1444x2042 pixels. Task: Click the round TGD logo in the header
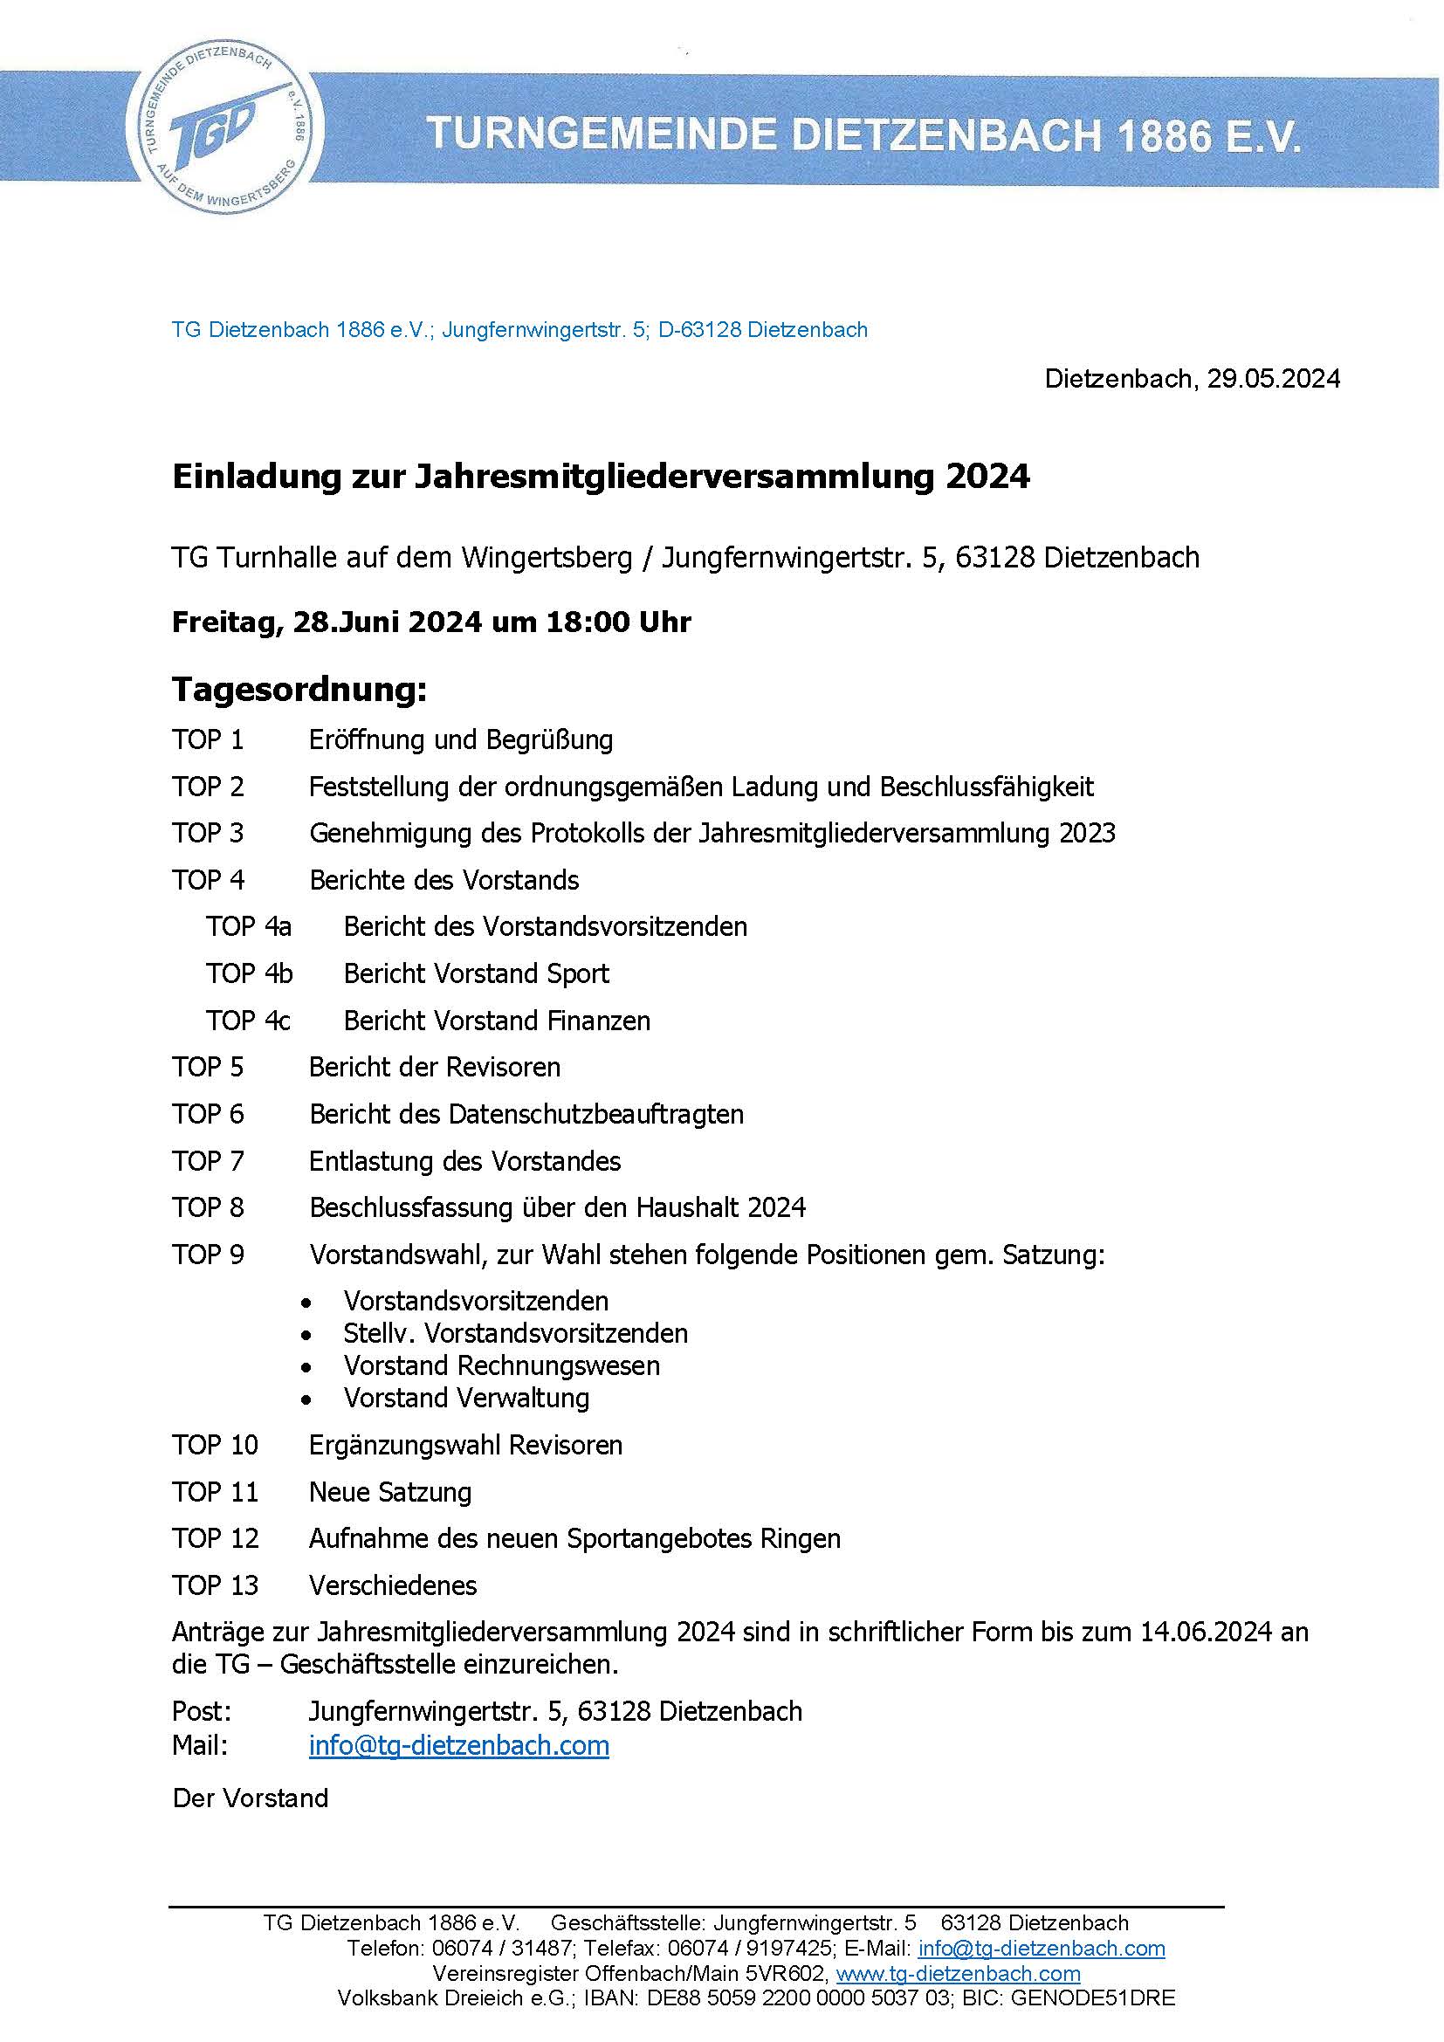coord(224,130)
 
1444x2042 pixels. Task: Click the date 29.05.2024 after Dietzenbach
coord(1273,379)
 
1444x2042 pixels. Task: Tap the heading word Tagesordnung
coord(299,690)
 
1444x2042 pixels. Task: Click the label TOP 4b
coord(249,974)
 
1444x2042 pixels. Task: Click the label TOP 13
coord(215,1585)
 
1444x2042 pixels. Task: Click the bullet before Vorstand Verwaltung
coord(306,1399)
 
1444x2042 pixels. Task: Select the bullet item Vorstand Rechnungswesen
coord(501,1365)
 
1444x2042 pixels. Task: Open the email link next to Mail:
coord(459,1746)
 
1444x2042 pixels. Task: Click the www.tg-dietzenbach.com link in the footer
coord(959,1974)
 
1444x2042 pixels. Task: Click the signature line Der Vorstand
coord(251,1798)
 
